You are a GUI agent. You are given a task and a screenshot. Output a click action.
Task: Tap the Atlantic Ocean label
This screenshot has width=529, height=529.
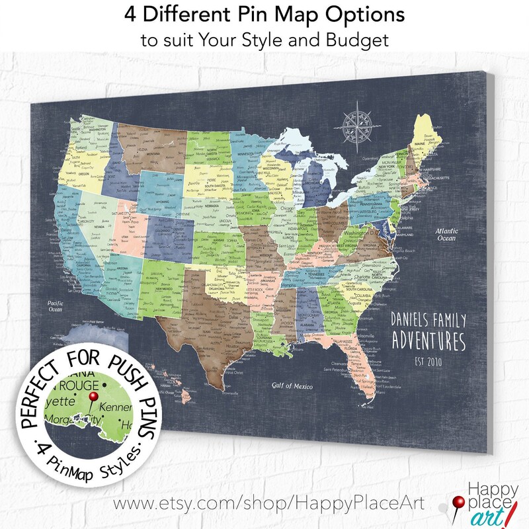pyautogui.click(x=444, y=235)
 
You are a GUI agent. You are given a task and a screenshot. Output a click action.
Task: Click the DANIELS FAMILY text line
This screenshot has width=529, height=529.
pyautogui.click(x=428, y=319)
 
